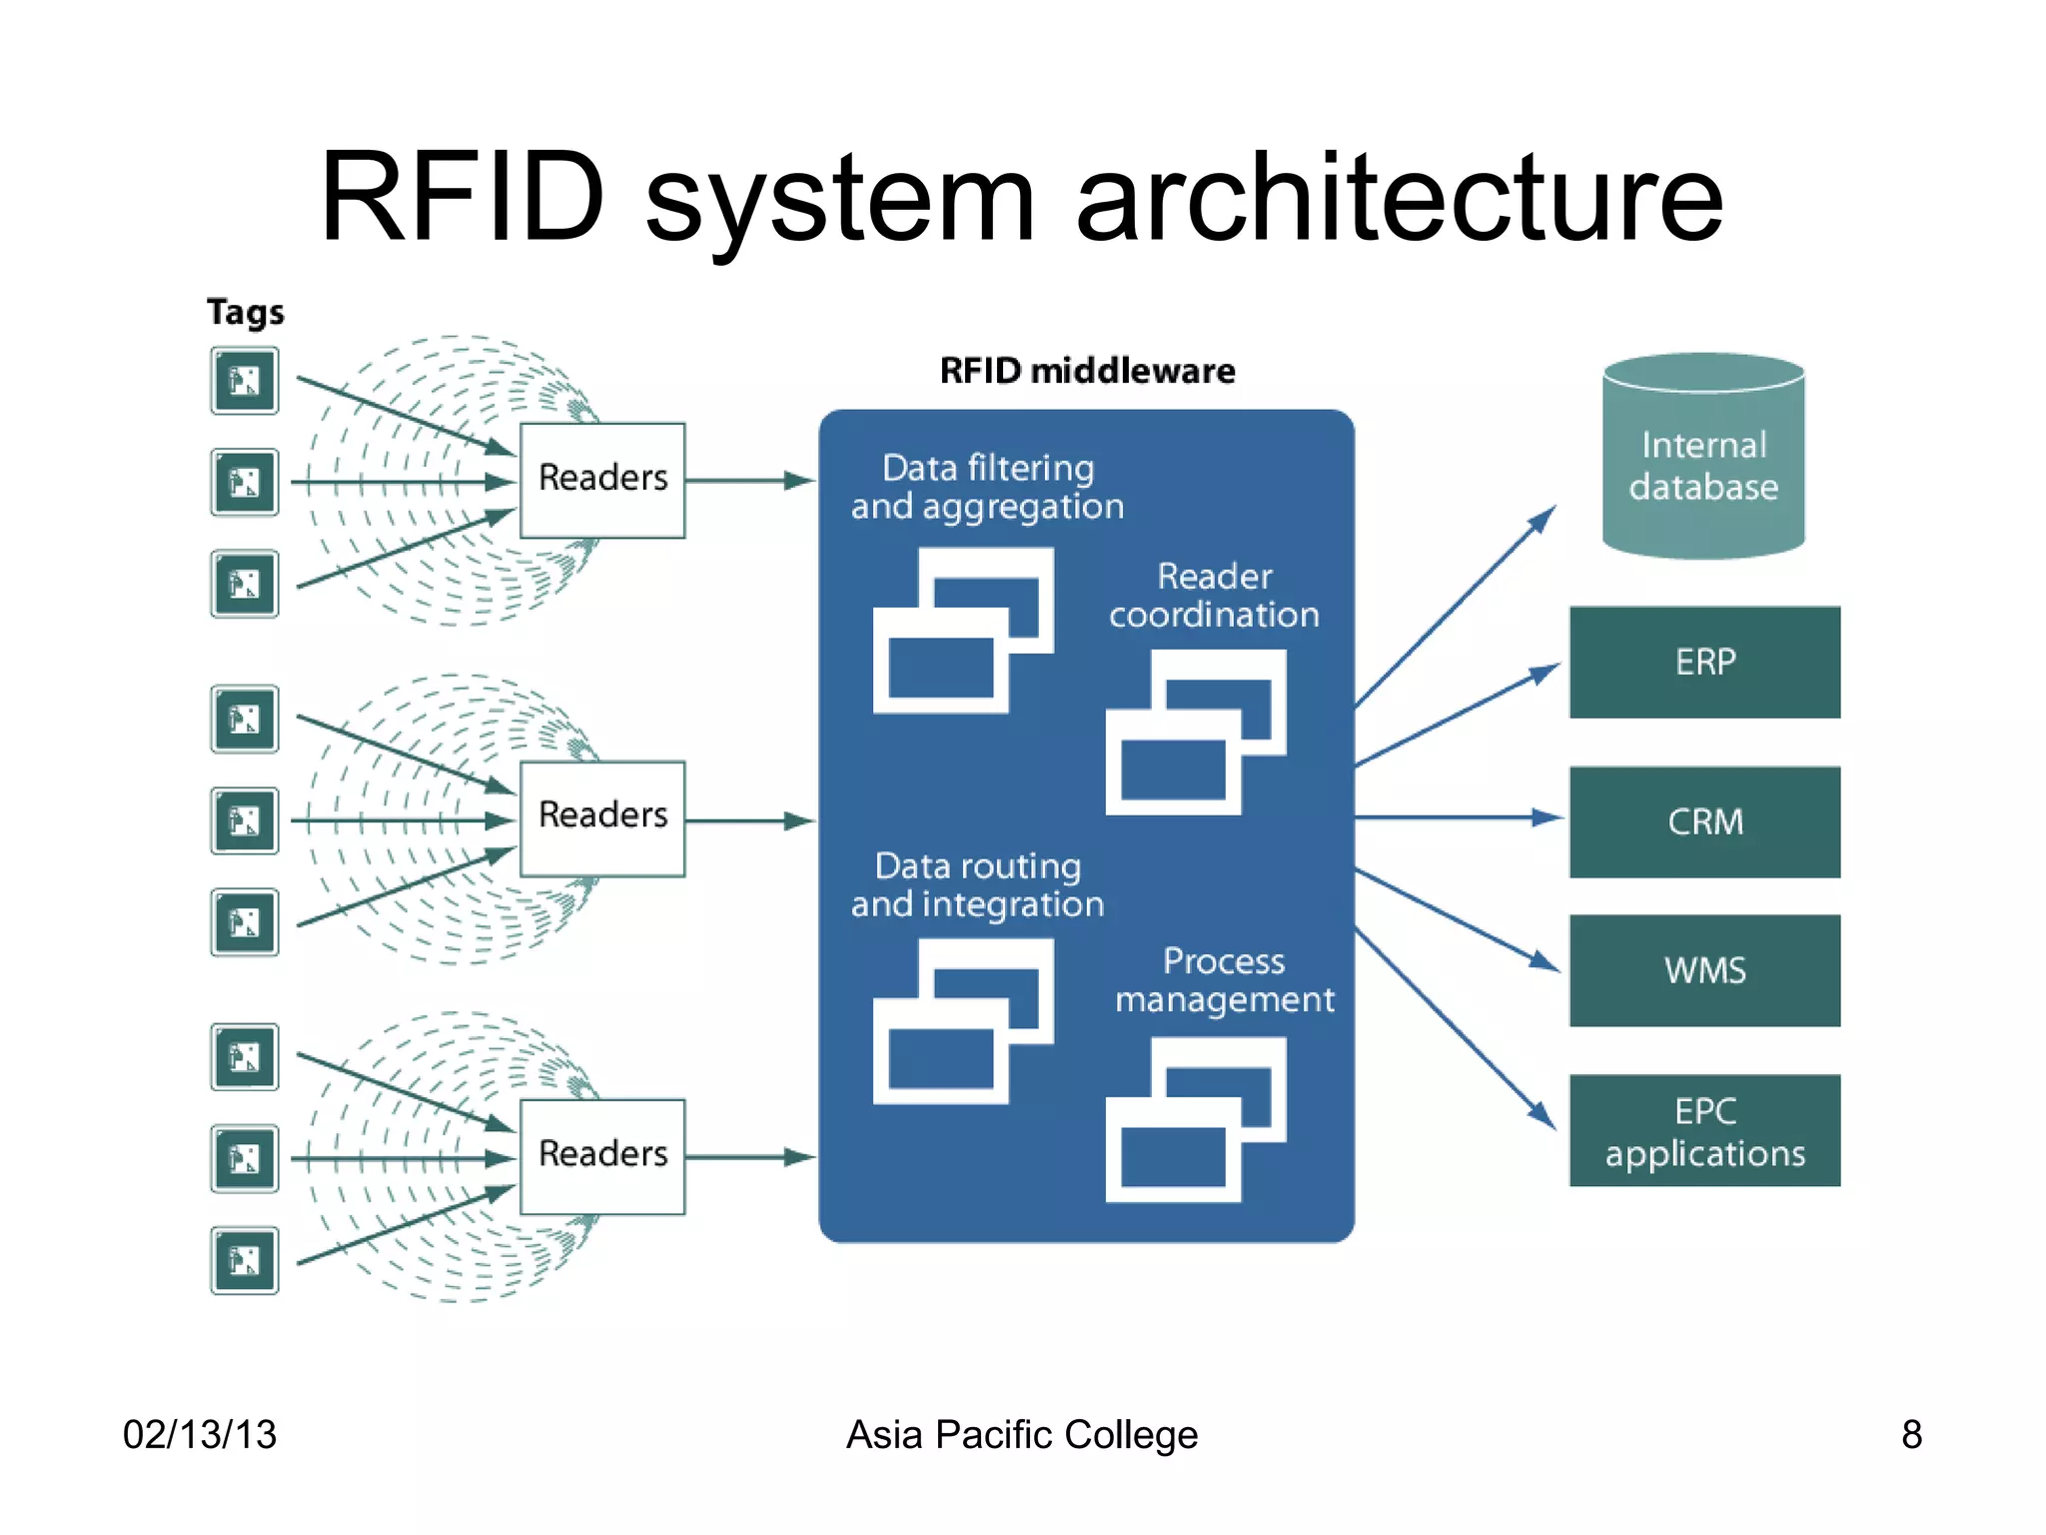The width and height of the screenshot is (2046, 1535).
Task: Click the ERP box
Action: (x=1704, y=662)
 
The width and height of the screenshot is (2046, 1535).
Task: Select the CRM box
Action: (x=1704, y=821)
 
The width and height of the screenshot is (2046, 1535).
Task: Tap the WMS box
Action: (x=1704, y=970)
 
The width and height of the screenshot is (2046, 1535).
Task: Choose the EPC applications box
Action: (x=1704, y=1131)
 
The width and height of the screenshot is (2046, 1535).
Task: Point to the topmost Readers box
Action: (x=602, y=480)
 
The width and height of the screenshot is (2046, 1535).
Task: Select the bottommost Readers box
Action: (x=602, y=1156)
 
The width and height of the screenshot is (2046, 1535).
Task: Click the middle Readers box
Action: (x=602, y=817)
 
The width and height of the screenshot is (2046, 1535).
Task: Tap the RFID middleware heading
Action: (x=1087, y=371)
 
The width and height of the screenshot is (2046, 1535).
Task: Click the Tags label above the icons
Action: (x=245, y=313)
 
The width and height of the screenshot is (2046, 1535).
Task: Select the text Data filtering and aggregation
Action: (x=987, y=487)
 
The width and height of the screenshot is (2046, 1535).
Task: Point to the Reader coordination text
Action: (x=1214, y=595)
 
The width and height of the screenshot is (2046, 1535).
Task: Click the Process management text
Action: (x=1224, y=979)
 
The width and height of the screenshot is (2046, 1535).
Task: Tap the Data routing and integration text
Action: (x=977, y=884)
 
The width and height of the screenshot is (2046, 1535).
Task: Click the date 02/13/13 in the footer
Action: (x=199, y=1434)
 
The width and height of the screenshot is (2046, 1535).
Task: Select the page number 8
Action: (x=1910, y=1434)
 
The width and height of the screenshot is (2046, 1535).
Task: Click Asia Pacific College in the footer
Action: (x=1021, y=1434)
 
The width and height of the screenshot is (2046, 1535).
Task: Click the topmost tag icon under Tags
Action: (x=245, y=381)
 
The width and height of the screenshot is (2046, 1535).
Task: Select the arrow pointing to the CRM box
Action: (x=1459, y=817)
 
